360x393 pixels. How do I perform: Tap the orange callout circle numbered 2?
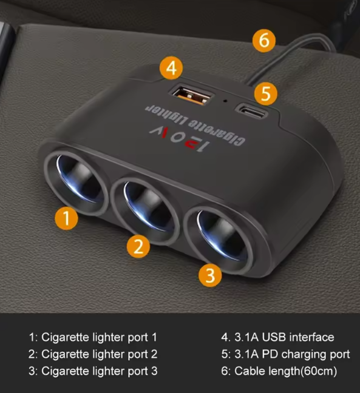click(138, 246)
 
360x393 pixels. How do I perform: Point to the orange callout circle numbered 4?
click(172, 68)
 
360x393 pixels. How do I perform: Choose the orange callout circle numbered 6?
click(263, 41)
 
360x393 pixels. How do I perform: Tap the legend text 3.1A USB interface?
click(277, 337)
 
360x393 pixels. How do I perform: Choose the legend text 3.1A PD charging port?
click(285, 354)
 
